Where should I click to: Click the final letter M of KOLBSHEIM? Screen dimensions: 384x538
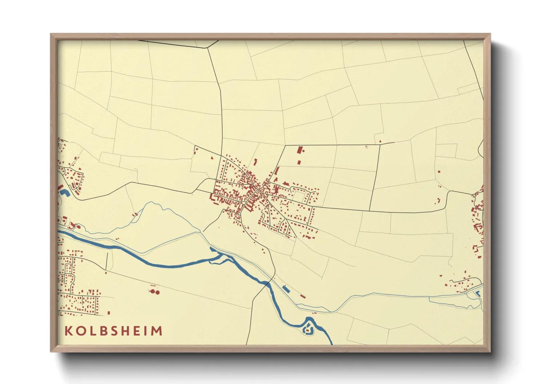click(x=157, y=331)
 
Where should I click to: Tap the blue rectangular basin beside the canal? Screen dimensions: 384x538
click(x=286, y=289)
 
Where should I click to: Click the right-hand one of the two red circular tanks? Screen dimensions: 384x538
click(x=158, y=292)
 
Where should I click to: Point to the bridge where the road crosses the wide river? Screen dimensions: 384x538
click(x=268, y=283)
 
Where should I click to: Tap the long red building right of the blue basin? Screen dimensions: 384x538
click(x=302, y=297)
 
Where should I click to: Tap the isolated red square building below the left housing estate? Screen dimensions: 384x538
click(x=109, y=312)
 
